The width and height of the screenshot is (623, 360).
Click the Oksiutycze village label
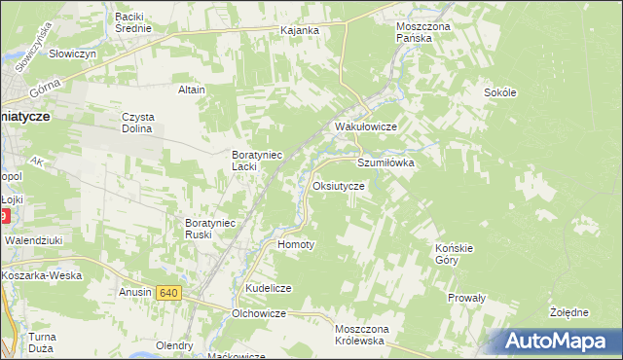click(339, 185)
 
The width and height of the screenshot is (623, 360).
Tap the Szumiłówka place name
click(386, 163)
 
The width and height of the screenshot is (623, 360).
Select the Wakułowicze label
click(365, 127)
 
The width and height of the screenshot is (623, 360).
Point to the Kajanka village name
click(300, 31)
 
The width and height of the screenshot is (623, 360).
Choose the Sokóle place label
click(499, 92)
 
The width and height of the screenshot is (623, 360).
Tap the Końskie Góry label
click(453, 254)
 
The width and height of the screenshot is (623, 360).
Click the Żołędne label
click(568, 312)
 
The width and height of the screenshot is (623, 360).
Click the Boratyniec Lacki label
click(256, 160)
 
